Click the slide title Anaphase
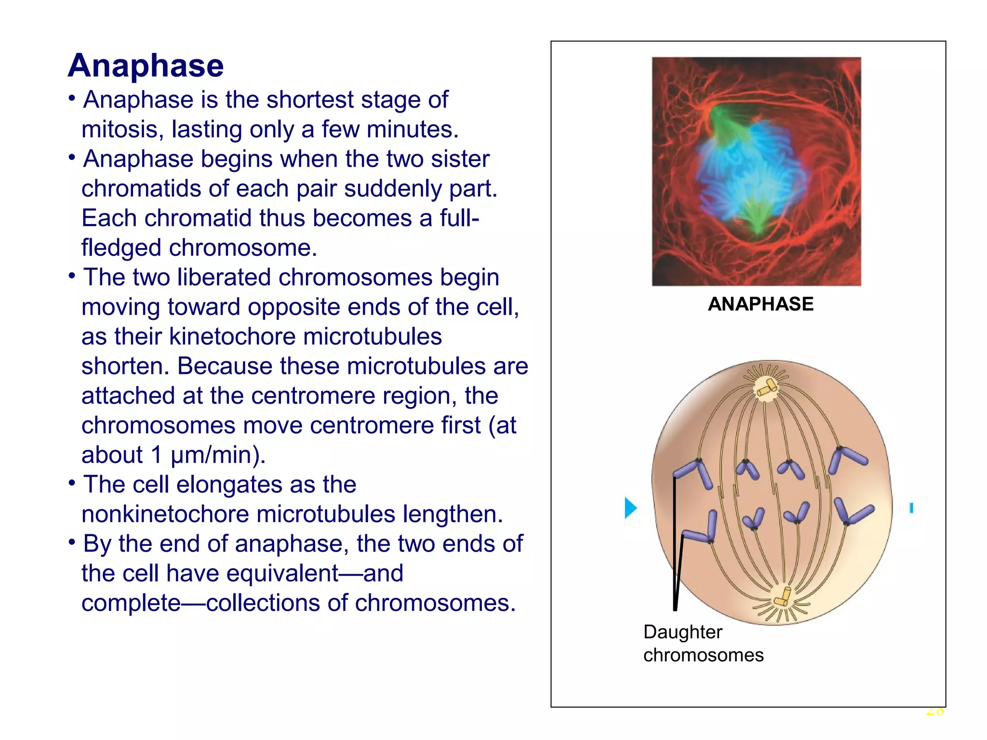click(146, 66)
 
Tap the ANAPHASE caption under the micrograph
click(760, 304)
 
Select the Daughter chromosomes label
click(703, 643)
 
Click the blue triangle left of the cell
click(630, 507)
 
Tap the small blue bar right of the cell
click(911, 508)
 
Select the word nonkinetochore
click(165, 514)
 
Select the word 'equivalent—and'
click(315, 573)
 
